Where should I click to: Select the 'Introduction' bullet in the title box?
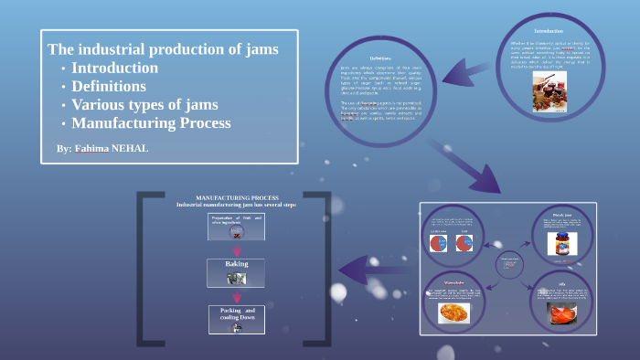pos(114,69)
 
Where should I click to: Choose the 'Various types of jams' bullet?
pos(144,105)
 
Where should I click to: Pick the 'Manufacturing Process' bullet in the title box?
pos(151,123)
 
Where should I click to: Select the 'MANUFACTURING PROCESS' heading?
pos(237,197)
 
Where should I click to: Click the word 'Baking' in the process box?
pos(237,264)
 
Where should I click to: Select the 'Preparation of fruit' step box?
pos(237,224)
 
